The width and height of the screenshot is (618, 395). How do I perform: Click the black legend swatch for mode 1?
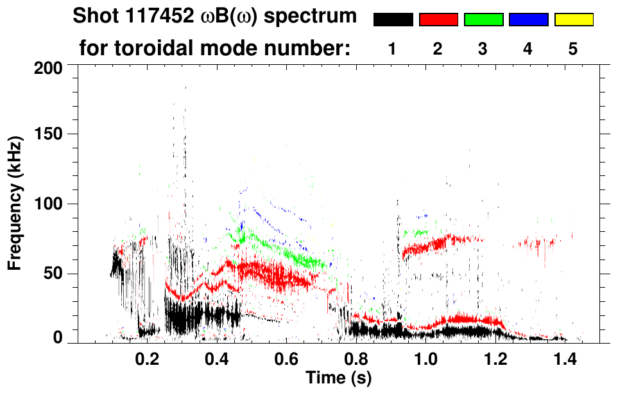pyautogui.click(x=393, y=20)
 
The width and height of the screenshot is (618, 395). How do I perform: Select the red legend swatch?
pyautogui.click(x=438, y=20)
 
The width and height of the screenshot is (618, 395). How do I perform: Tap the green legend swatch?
pyautogui.click(x=483, y=20)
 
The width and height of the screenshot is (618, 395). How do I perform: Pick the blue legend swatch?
pyautogui.click(x=528, y=20)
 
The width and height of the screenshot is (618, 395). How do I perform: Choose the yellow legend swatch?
pyautogui.click(x=573, y=20)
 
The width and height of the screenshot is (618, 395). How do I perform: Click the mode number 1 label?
pyautogui.click(x=392, y=49)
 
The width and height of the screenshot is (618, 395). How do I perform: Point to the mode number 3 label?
pyautogui.click(x=483, y=49)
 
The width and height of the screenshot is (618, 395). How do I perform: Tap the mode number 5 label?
pyautogui.click(x=573, y=49)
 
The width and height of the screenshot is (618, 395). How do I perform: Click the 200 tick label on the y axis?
pyautogui.click(x=49, y=67)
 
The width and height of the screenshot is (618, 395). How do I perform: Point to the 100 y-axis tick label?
pyautogui.click(x=49, y=204)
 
